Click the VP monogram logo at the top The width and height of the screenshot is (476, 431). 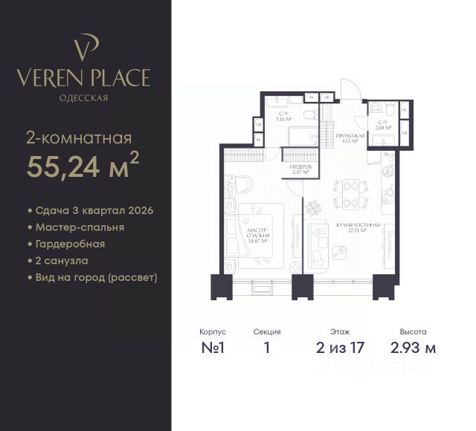coord(85,47)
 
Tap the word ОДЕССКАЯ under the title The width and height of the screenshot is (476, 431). coord(85,97)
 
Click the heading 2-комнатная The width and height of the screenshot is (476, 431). coord(79,137)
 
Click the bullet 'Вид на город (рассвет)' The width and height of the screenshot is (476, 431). coord(91,277)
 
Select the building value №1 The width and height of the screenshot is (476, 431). coord(213,347)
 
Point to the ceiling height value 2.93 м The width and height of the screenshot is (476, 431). coord(413,347)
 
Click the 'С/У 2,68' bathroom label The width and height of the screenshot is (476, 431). coord(384,125)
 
